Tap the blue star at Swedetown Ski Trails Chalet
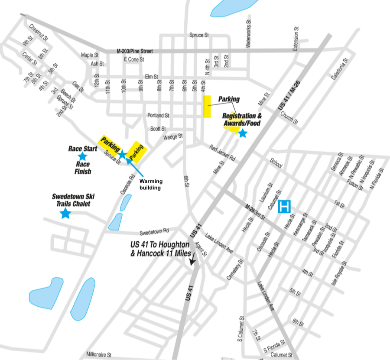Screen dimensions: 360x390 (65, 213)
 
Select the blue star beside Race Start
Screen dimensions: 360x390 (82, 156)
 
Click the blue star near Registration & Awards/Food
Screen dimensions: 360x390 (243, 133)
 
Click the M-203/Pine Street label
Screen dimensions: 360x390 (135, 51)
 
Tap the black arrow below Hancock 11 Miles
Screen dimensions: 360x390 (192, 259)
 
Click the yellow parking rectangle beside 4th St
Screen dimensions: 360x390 (207, 106)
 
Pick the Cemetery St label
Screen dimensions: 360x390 (234, 270)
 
